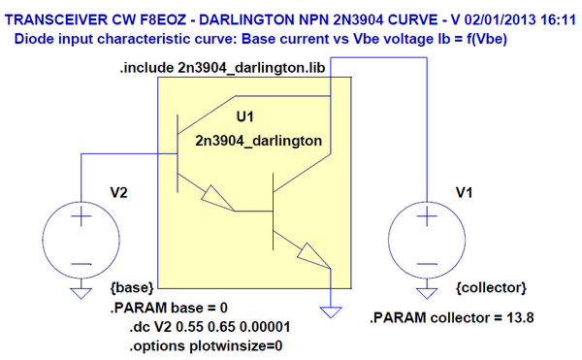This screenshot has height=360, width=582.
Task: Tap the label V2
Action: pyautogui.click(x=118, y=192)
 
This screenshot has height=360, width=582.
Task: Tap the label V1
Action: pyautogui.click(x=464, y=192)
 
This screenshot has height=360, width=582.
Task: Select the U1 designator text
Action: pyautogui.click(x=247, y=116)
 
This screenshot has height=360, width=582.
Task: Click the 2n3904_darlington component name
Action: pyautogui.click(x=258, y=141)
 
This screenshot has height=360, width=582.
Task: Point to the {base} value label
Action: pyautogui.click(x=128, y=288)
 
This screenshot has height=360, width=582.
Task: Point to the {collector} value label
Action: pyautogui.click(x=490, y=288)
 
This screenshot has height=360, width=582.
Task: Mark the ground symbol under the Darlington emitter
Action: pyautogui.click(x=331, y=312)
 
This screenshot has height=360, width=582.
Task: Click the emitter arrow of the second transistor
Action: pyautogui.click(x=313, y=256)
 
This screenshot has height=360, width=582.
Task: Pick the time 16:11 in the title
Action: pyautogui.click(x=556, y=17)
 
